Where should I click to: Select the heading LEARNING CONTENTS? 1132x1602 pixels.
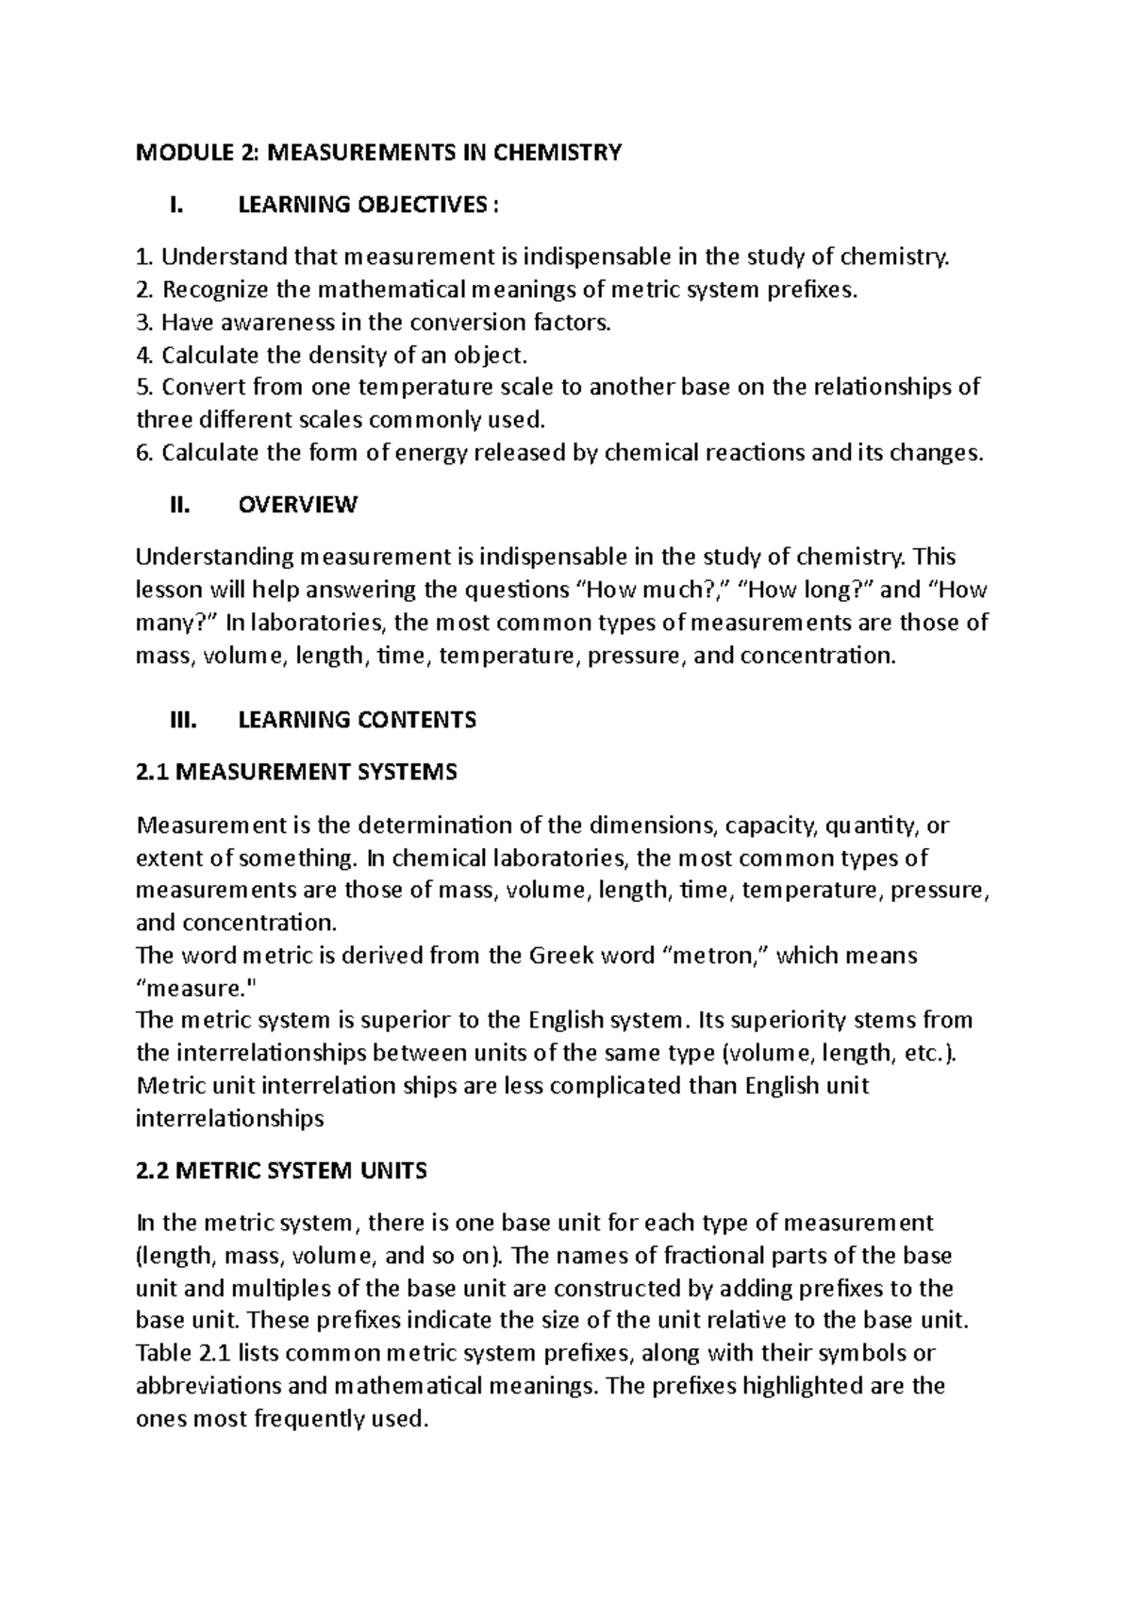pos(357,720)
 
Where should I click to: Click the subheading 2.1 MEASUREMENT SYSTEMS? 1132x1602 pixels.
pos(296,773)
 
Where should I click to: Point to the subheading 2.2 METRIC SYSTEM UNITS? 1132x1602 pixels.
pos(281,1171)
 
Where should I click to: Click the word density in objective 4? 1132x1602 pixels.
pos(348,355)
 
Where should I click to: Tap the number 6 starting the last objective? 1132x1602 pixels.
pos(143,453)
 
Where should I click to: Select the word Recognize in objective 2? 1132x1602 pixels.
pos(205,290)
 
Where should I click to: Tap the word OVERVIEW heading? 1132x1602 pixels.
pos(298,505)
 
